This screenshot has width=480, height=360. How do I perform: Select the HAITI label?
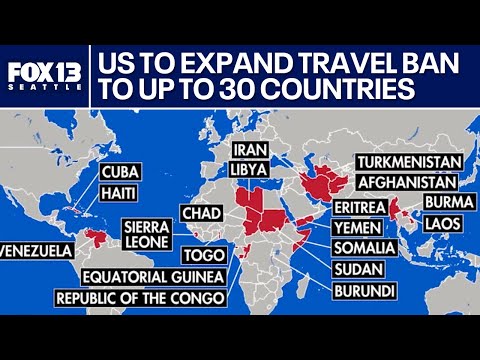click(x=119, y=191)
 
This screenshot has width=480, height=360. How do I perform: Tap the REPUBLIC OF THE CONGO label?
click(x=140, y=298)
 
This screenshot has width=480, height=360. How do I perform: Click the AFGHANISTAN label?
click(x=406, y=182)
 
